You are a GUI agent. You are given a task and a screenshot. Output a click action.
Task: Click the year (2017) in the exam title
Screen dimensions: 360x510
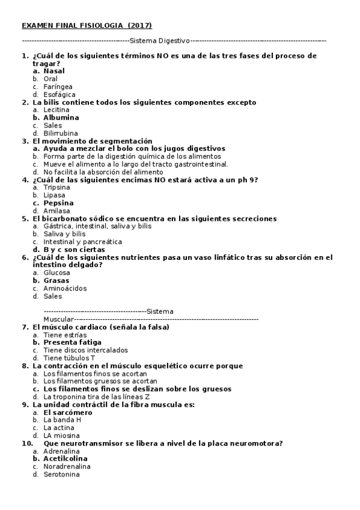(140, 25)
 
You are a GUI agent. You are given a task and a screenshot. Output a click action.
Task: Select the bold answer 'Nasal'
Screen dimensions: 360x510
(54, 71)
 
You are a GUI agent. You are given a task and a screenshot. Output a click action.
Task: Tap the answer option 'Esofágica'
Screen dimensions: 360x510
(59, 94)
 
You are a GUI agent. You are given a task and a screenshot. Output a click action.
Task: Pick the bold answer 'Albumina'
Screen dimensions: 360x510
(61, 118)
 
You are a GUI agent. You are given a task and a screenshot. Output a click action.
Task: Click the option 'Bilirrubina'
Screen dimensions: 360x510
(61, 134)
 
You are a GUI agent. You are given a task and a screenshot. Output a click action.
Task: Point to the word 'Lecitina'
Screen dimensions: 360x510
(56, 110)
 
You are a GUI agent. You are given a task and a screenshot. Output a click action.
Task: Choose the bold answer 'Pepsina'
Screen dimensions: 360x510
(59, 203)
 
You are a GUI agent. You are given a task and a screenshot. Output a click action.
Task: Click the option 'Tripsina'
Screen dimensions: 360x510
(57, 187)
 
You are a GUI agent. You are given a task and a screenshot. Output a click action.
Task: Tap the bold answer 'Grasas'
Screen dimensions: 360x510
(56, 280)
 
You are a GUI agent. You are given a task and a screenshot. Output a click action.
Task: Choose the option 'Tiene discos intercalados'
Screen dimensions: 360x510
(85, 350)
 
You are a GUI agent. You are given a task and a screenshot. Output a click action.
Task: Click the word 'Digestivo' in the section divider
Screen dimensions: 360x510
(173, 41)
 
